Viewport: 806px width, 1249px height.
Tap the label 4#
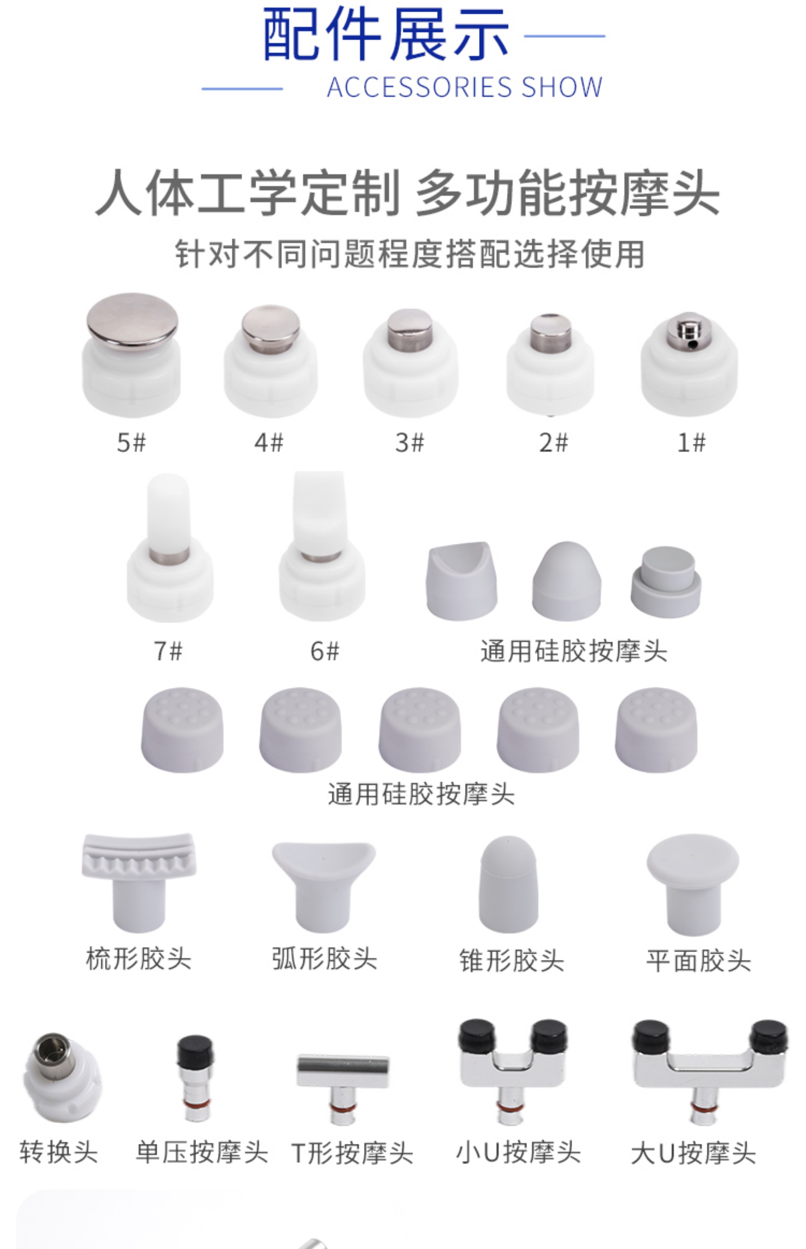(269, 443)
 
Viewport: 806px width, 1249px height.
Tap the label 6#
(324, 651)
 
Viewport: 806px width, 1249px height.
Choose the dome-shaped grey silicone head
(567, 581)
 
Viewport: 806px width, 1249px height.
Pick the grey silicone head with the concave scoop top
(461, 581)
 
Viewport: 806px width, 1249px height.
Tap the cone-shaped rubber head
(508, 884)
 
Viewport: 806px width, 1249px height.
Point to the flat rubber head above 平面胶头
(693, 884)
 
